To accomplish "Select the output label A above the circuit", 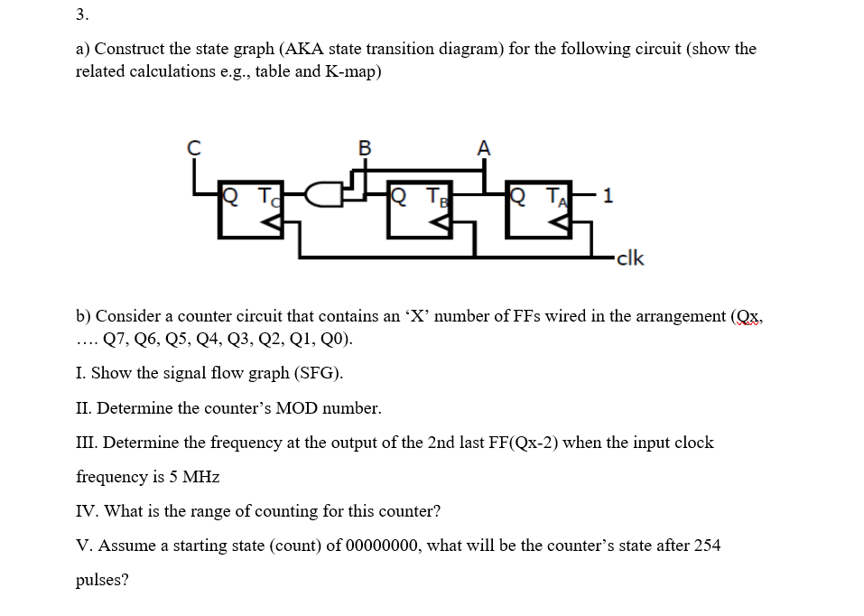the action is point(484,147).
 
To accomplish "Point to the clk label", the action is point(630,258).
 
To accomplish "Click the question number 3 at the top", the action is point(82,14).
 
